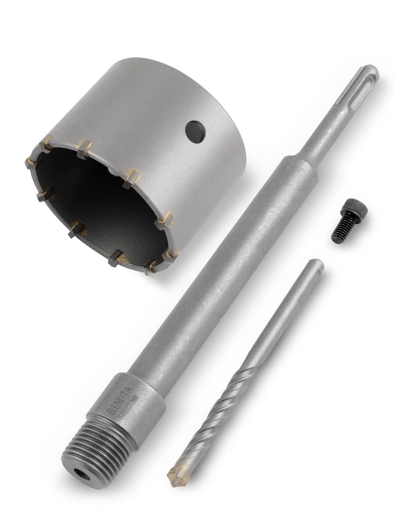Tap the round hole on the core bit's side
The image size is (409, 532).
pos(196,132)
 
